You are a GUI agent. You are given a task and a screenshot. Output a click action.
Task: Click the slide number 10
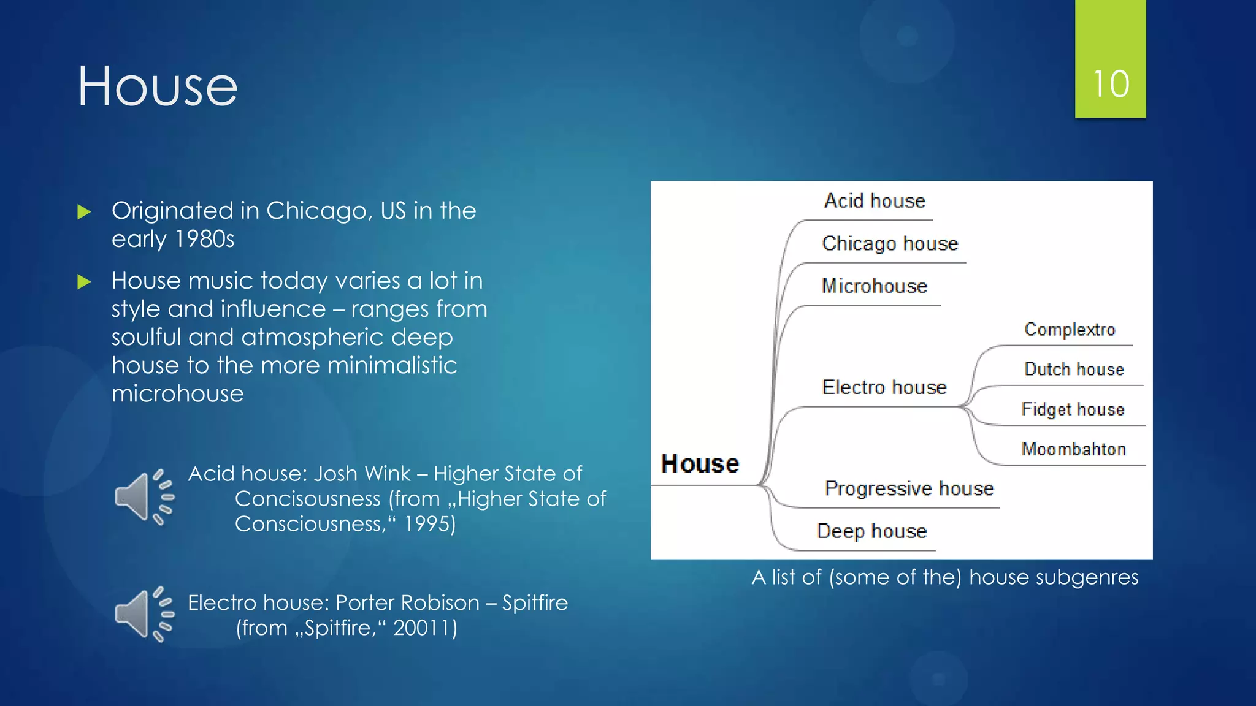[1111, 84]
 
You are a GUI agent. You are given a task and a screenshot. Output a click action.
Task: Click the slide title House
[158, 86]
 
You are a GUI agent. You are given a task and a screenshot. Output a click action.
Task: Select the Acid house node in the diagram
[875, 201]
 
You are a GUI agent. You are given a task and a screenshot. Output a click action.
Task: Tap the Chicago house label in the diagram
[890, 244]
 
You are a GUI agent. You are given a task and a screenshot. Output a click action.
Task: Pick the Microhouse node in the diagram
[875, 286]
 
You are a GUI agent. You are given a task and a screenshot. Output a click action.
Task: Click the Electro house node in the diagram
[884, 387]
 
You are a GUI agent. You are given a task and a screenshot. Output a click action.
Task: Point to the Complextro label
[1070, 330]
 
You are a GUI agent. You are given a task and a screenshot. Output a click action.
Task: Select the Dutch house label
[1074, 370]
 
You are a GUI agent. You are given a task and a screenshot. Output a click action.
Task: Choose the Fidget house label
[1073, 409]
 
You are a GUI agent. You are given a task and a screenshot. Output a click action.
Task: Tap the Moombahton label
[1073, 449]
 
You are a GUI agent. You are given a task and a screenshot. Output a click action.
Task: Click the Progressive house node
[909, 488]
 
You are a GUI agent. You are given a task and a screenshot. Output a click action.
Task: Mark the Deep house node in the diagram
[871, 531]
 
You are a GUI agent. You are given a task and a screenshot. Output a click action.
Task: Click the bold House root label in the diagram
[700, 464]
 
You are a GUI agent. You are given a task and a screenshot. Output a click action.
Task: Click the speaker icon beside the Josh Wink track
[145, 498]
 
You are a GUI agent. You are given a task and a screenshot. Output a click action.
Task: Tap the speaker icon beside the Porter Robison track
[145, 615]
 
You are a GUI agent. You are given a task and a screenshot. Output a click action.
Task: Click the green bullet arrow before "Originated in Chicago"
[84, 213]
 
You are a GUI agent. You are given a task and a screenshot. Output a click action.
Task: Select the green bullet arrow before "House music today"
[84, 283]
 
